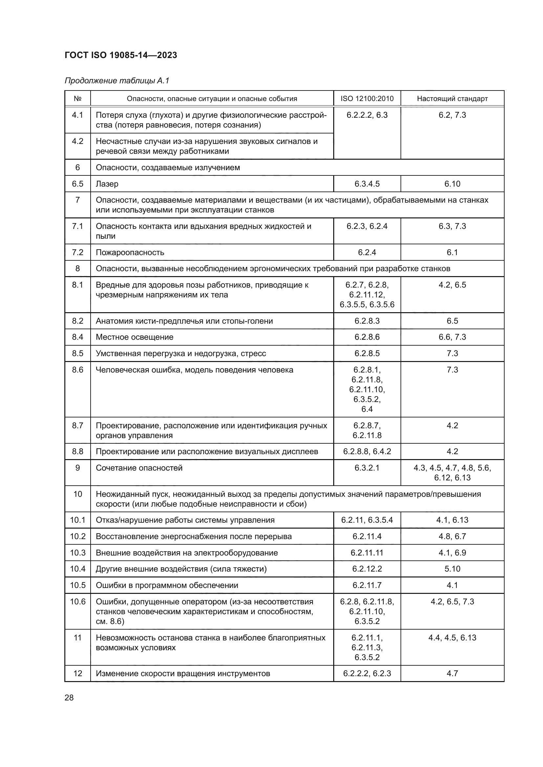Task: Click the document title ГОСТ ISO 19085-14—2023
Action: click(121, 55)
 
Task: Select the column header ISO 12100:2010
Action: click(367, 99)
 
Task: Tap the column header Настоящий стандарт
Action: click(452, 99)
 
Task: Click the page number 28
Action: click(69, 697)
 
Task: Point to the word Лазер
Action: click(107, 184)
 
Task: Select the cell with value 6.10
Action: click(452, 184)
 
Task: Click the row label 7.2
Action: click(77, 252)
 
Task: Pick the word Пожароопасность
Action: click(130, 252)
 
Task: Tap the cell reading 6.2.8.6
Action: click(367, 337)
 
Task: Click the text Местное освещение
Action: click(134, 337)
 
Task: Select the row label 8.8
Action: click(77, 452)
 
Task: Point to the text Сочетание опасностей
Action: click(139, 468)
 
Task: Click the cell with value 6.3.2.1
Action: click(367, 468)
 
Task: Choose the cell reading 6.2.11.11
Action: click(367, 553)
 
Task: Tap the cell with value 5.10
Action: click(452, 569)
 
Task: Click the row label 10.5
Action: click(77, 585)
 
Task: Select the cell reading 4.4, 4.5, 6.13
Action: click(452, 637)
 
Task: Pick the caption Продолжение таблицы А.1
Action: click(117, 81)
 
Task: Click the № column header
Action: click(77, 99)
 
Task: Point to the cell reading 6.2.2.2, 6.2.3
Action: click(367, 673)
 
